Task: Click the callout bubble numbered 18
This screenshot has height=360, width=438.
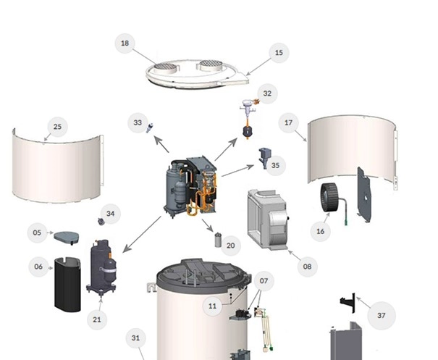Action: pos(125,43)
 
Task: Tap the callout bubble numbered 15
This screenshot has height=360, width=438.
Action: pos(279,53)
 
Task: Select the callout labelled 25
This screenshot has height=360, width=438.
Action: pos(57,127)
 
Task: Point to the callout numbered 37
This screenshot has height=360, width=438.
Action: pos(382,316)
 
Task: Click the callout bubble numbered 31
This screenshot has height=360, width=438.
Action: pos(135,338)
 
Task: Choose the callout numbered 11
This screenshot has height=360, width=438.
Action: pos(213,306)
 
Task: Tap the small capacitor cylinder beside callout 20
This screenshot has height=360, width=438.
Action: pos(218,240)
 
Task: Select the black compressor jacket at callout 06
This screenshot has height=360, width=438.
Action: pos(67,284)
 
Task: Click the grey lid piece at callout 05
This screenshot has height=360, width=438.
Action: pos(67,238)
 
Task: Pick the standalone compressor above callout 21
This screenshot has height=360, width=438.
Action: pos(101,267)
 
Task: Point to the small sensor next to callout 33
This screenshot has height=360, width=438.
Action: pos(150,127)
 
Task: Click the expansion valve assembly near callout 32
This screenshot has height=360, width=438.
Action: pos(248,118)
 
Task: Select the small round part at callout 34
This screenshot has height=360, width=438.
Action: pos(101,222)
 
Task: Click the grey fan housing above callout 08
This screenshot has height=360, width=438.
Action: pos(267,220)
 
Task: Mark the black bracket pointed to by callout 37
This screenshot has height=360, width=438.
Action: pos(348,303)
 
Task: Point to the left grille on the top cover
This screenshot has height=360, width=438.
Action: pos(165,67)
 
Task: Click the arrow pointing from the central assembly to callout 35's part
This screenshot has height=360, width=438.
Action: pos(237,171)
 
